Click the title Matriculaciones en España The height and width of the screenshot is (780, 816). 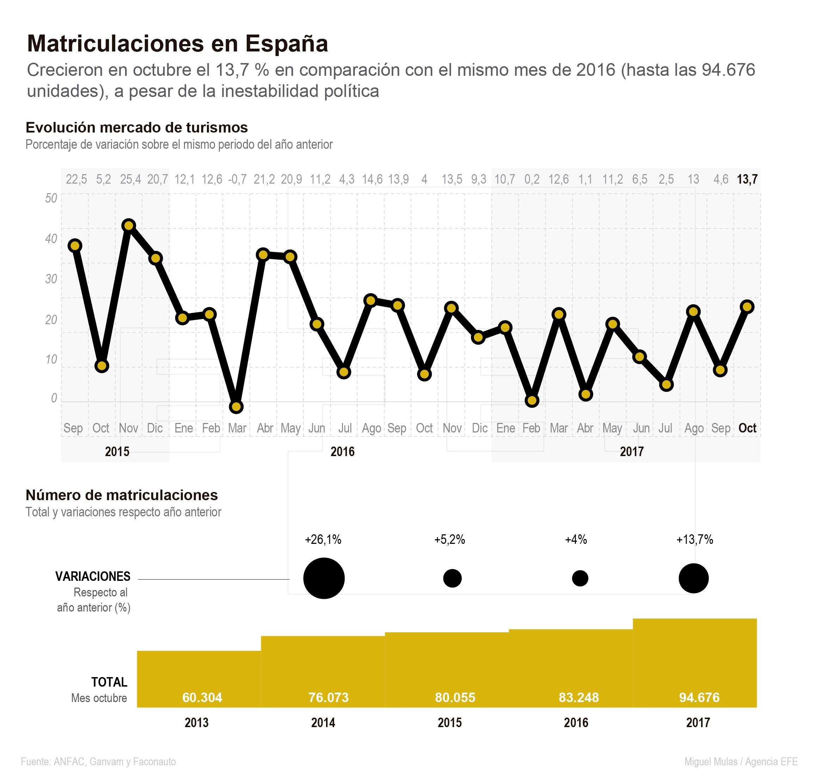[177, 43]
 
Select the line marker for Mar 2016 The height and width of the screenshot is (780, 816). [236, 407]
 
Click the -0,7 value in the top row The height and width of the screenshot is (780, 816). [237, 179]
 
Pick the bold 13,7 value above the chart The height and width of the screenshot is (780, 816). [747, 179]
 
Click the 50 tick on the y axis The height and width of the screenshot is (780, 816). [51, 198]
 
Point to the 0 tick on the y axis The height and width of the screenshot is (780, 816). [54, 398]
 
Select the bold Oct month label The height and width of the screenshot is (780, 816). [747, 428]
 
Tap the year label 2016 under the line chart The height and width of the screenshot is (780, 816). [342, 452]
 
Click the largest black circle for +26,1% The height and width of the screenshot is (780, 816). [324, 578]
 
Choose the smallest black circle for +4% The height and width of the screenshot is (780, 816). [580, 578]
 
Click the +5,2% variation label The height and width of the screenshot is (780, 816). [449, 540]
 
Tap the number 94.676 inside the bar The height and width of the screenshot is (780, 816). [699, 697]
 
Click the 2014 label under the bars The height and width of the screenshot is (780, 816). [323, 723]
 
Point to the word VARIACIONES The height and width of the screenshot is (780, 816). [93, 576]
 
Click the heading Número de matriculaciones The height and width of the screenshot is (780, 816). [122, 495]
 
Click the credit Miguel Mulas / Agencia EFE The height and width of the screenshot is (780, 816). [741, 762]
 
